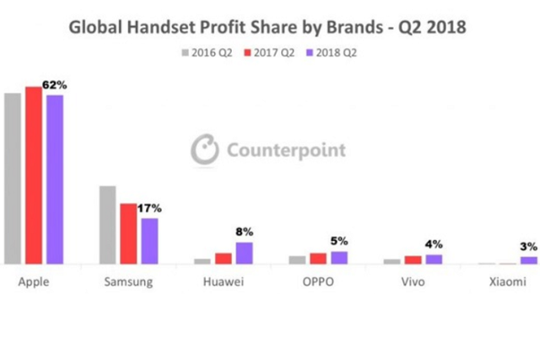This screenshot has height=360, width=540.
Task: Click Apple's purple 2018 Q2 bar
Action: click(x=55, y=180)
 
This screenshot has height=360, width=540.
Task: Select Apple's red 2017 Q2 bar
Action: click(x=34, y=175)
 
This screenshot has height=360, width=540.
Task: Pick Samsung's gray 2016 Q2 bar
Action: click(x=107, y=225)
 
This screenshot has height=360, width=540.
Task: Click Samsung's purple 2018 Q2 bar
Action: click(x=149, y=241)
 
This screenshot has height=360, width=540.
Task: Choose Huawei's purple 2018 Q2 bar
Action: click(x=244, y=253)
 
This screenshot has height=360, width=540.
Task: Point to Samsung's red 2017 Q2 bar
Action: click(x=128, y=234)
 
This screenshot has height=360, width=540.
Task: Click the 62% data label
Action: click(x=55, y=85)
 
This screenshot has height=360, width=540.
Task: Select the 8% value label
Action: click(x=244, y=232)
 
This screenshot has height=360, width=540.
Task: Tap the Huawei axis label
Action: click(x=224, y=282)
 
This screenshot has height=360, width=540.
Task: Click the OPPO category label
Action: click(x=319, y=282)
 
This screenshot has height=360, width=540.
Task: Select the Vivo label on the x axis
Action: click(x=413, y=282)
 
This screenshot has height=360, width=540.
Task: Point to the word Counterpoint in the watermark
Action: click(x=285, y=151)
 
